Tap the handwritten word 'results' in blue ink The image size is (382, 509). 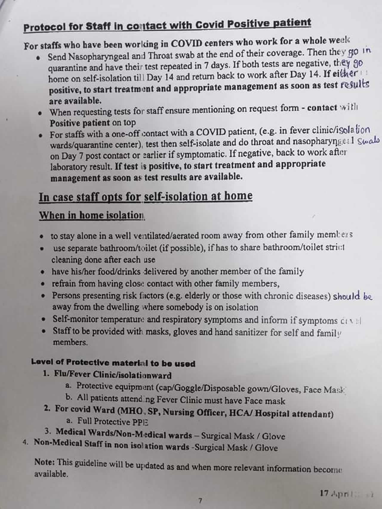[x=355, y=85]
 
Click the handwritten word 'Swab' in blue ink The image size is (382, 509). [x=368, y=141]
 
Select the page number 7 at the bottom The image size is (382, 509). [x=200, y=500]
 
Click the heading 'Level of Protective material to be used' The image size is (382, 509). [x=113, y=363]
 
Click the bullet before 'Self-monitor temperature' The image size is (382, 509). [x=44, y=319]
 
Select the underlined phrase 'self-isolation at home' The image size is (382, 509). [x=198, y=196]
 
